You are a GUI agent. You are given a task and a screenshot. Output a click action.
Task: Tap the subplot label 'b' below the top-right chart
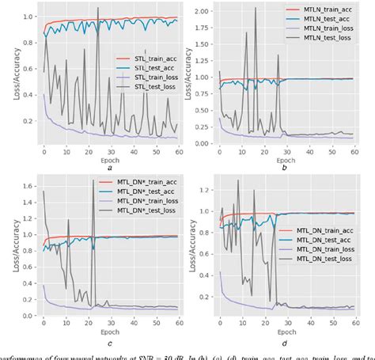click(x=282, y=169)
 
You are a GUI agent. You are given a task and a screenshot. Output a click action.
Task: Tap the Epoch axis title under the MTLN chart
click(x=282, y=158)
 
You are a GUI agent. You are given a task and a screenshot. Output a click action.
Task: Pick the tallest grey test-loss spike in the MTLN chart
click(x=256, y=9)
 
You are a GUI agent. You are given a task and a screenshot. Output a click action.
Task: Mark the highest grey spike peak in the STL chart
click(x=98, y=9)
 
